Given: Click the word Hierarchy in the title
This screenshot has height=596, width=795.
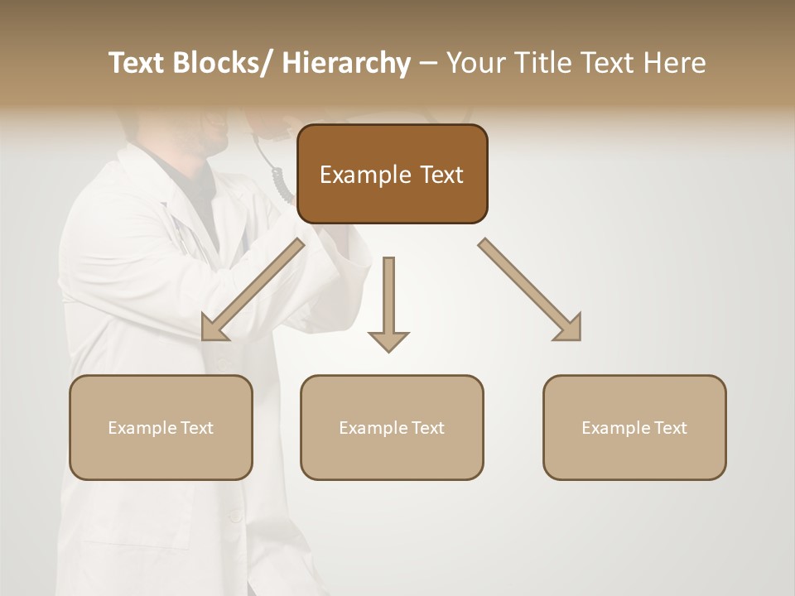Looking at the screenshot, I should (x=347, y=63).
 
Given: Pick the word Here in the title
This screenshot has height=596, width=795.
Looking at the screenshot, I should (x=673, y=63).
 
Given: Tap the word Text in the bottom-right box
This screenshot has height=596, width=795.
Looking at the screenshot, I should (x=669, y=428).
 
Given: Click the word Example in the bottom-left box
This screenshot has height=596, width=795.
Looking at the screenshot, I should (x=142, y=428).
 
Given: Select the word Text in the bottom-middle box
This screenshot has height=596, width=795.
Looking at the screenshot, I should (x=426, y=428).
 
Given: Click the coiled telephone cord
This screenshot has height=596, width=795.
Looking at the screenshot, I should (x=280, y=182).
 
